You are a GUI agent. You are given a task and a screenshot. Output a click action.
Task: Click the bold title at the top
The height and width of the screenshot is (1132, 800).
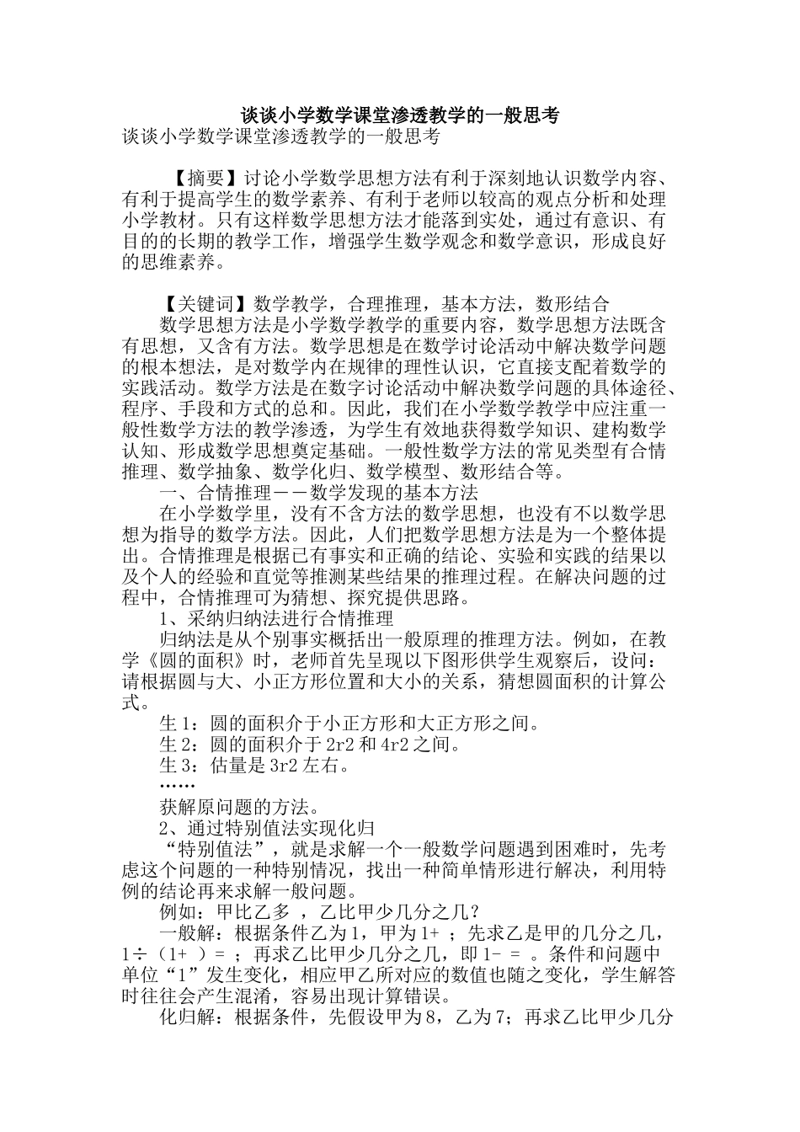(400, 115)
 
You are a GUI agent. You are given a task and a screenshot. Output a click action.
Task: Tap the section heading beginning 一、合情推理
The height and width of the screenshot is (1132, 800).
(318, 493)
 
